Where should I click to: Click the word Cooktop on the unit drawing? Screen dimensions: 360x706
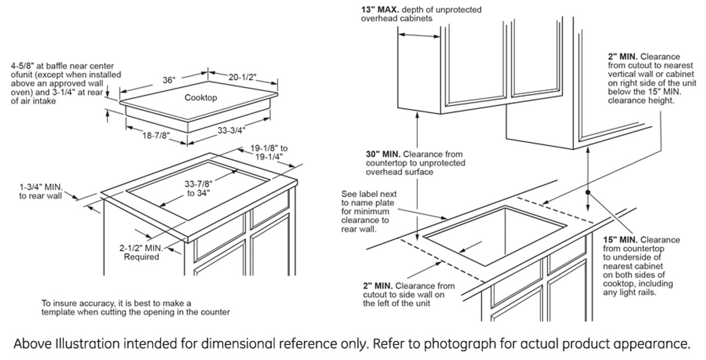200,98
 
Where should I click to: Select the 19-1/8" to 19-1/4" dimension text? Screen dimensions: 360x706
269,152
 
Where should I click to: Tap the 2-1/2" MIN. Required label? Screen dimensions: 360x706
141,252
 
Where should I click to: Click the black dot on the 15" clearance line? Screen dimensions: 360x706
589,192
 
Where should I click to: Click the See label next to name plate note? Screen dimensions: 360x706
368,211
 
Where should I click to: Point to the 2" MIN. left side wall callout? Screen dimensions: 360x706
377,286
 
